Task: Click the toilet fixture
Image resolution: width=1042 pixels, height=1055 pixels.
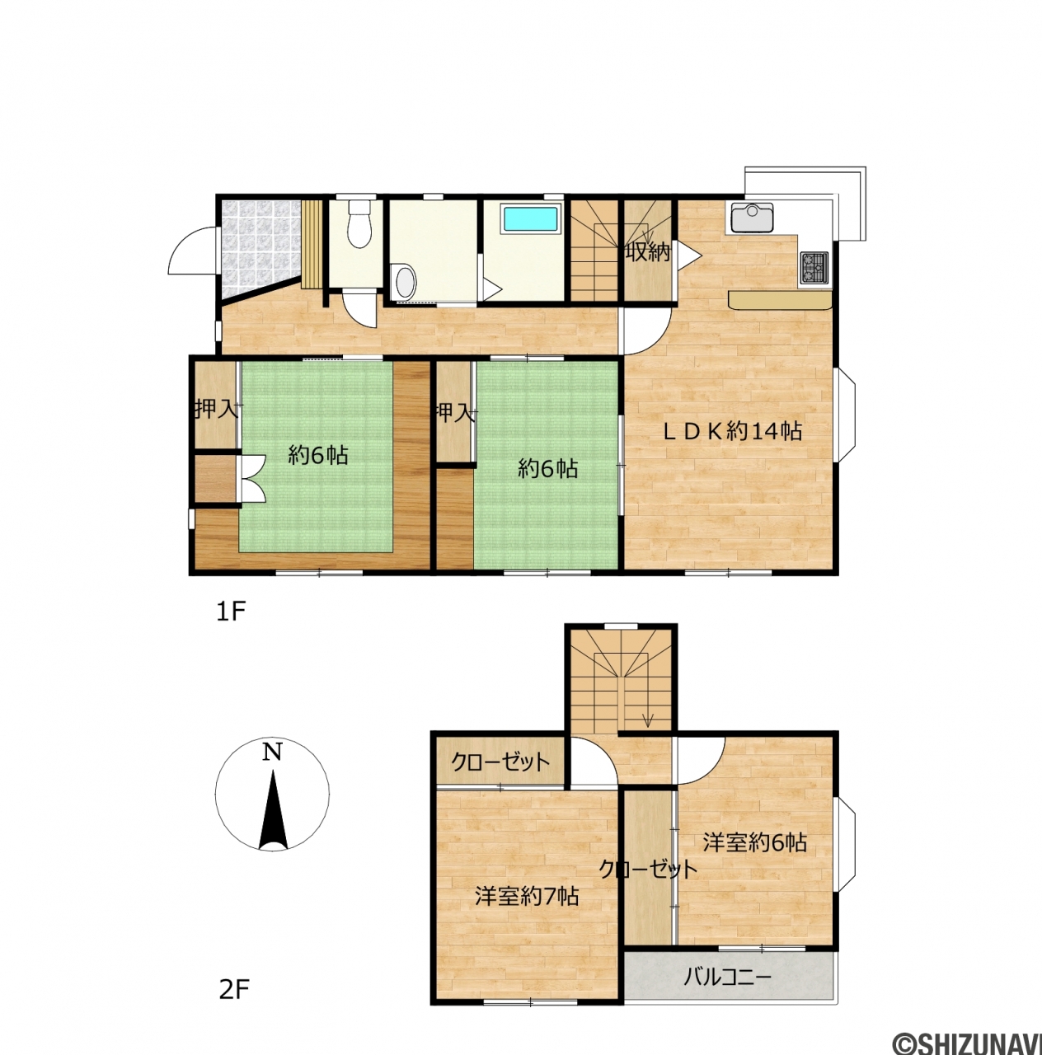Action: coord(359,223)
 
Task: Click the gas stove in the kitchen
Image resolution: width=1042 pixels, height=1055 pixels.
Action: coord(814,268)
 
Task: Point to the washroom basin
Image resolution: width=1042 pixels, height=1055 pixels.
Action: coord(405,281)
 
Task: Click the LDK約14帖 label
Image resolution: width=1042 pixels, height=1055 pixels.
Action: coord(733,432)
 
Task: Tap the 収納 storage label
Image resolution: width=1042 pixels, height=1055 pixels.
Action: coord(648,252)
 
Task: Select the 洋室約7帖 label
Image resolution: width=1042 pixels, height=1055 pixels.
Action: coord(527,897)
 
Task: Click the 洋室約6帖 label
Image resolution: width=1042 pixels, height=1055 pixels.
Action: coord(755,842)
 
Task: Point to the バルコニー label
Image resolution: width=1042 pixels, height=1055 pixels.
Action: coord(727,976)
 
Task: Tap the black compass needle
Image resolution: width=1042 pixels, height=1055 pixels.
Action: coord(274,811)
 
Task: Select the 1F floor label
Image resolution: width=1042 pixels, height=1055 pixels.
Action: coord(231,612)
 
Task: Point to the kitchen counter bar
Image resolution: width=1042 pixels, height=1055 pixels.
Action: coord(780,301)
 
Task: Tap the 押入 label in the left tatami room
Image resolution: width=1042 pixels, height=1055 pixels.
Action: coord(217,409)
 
